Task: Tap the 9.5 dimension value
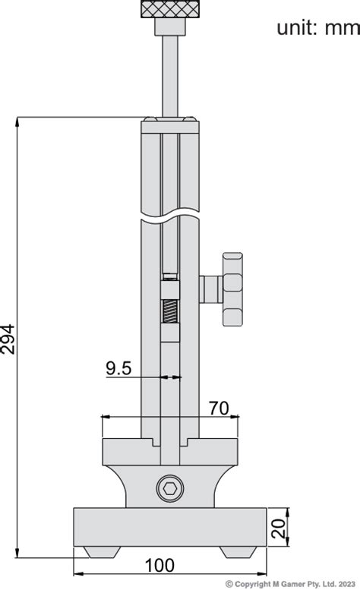click(x=118, y=368)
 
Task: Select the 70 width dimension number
click(x=219, y=408)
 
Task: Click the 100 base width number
click(x=160, y=566)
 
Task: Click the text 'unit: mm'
click(x=317, y=28)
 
